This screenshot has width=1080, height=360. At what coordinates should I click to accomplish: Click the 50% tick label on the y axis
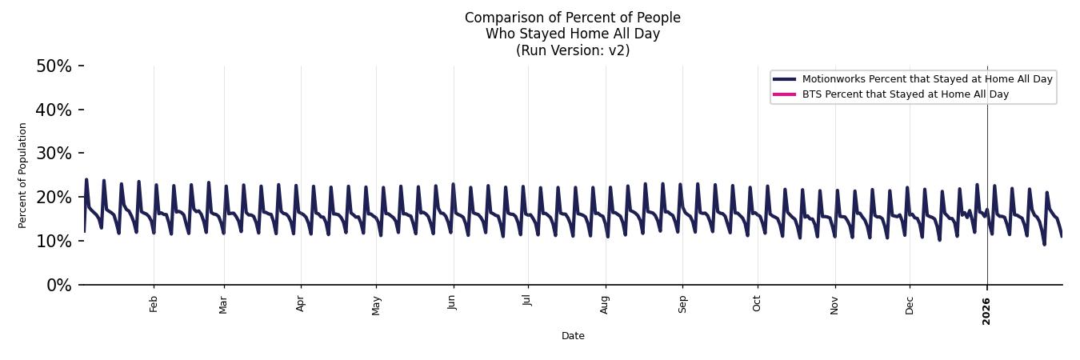54,66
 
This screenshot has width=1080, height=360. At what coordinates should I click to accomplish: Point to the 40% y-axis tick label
54,110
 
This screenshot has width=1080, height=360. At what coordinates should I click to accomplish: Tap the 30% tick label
54,154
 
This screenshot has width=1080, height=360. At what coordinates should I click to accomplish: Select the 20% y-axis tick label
54,198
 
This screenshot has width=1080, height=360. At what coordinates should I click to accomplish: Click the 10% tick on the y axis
54,241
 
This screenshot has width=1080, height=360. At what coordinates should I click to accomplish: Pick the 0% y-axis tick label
58,285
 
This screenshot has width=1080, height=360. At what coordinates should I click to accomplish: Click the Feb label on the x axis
154,303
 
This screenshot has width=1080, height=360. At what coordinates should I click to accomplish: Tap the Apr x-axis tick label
301,303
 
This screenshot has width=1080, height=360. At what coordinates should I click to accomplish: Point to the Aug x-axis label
605,304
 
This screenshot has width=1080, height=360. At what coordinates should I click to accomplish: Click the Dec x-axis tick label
910,304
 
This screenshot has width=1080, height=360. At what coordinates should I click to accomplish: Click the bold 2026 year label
986,311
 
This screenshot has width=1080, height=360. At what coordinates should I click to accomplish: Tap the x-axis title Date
573,336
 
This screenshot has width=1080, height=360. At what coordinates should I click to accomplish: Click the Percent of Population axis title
23,175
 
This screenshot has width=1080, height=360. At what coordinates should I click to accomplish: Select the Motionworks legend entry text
927,79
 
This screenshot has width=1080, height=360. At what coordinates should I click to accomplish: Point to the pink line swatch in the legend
784,94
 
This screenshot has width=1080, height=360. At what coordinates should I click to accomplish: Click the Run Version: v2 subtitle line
573,50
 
